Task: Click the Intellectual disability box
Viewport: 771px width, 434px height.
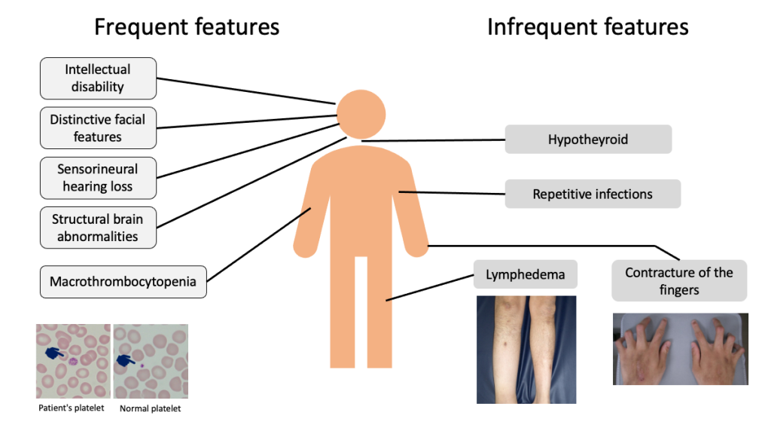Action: (x=98, y=78)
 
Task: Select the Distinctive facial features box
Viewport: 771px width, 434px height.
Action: (x=98, y=128)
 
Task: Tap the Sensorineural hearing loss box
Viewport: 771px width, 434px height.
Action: (x=98, y=178)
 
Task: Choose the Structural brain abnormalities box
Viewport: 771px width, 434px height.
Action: (x=98, y=228)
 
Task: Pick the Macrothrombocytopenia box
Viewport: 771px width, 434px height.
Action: (x=123, y=282)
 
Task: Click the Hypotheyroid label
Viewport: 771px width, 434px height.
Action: (x=588, y=139)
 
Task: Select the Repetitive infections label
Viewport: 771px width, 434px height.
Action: (x=593, y=194)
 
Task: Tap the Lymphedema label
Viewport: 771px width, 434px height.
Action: (x=525, y=275)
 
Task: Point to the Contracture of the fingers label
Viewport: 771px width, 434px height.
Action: (x=679, y=280)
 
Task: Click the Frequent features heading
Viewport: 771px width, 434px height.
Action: (x=186, y=28)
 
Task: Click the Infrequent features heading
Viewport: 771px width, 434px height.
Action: (x=587, y=28)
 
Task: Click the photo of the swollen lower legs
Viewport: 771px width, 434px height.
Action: (x=526, y=349)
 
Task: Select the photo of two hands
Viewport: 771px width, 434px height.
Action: (x=680, y=349)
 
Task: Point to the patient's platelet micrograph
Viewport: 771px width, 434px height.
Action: (x=73, y=361)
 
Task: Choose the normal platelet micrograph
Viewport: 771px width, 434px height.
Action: (x=151, y=361)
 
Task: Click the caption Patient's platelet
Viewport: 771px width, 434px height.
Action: (x=73, y=409)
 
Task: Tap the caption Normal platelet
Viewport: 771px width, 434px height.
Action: (x=151, y=409)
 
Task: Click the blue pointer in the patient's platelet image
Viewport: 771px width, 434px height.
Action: (x=55, y=352)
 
